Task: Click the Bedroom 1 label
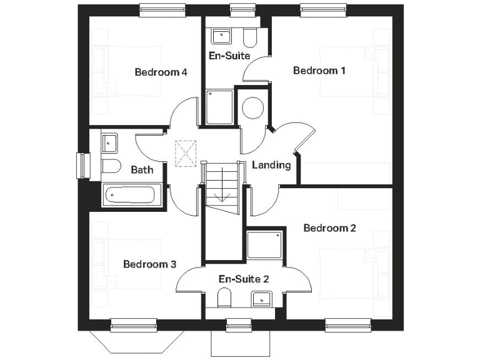click(319, 71)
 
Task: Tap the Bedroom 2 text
click(329, 228)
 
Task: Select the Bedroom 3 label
click(149, 264)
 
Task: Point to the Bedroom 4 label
click(161, 72)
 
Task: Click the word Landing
click(271, 166)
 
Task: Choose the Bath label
click(142, 169)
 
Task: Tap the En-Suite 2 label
click(244, 279)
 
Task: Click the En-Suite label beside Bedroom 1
click(229, 56)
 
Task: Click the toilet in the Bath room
click(110, 167)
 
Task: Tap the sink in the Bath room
click(110, 142)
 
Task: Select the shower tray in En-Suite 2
click(263, 245)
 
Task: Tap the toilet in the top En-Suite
click(250, 38)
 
